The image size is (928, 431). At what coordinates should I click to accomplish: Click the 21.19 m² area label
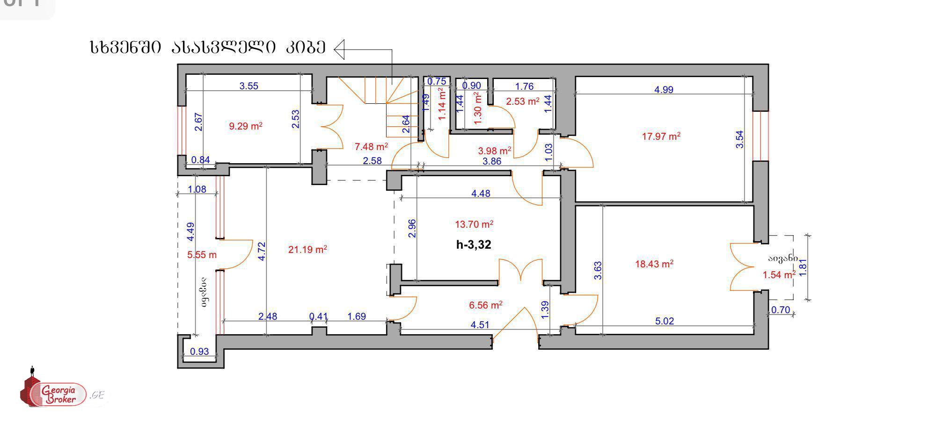(307, 250)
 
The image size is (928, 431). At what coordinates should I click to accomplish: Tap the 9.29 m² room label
(245, 126)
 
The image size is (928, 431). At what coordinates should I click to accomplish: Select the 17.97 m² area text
(661, 136)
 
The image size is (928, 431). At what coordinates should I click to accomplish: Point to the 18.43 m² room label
(654, 264)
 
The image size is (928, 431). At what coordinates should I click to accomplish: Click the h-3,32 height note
(474, 244)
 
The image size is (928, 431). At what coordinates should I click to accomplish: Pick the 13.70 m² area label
(474, 225)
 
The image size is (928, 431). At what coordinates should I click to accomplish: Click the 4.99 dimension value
(664, 90)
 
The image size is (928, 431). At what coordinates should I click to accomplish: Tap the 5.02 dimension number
(664, 321)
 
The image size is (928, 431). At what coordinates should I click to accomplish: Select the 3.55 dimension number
(248, 86)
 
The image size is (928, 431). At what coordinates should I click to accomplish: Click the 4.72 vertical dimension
(262, 251)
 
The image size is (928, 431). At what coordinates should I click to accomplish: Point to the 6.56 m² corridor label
(485, 306)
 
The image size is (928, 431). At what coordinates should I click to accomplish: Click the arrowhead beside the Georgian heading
(339, 49)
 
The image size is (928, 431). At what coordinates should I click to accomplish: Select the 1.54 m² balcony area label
(779, 275)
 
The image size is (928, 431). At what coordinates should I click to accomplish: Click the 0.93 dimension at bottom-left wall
(200, 352)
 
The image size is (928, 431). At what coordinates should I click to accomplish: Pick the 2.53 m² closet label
(522, 101)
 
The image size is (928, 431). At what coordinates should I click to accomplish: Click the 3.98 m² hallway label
(494, 151)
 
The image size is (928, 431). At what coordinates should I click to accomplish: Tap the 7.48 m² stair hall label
(371, 147)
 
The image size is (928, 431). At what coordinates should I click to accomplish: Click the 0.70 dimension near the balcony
(780, 310)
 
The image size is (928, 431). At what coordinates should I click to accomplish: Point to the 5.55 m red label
(202, 255)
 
